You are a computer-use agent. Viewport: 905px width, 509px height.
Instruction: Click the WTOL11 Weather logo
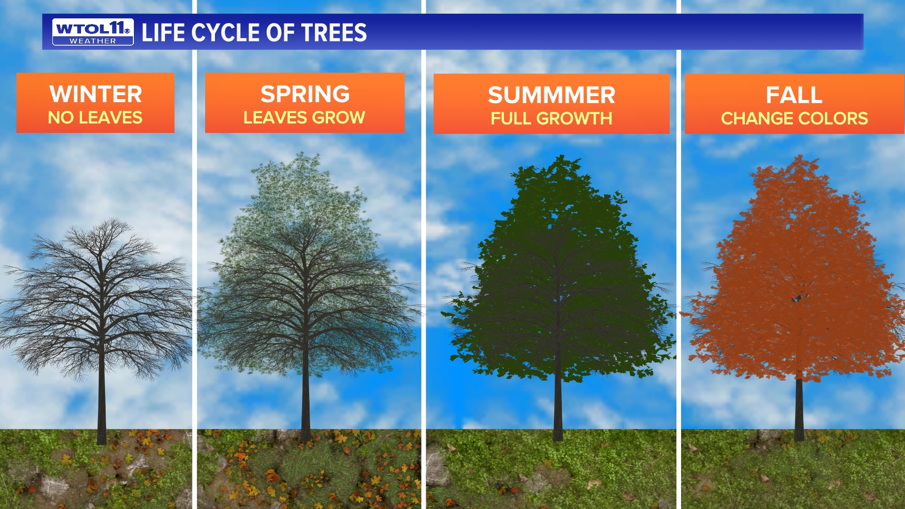[x=93, y=32]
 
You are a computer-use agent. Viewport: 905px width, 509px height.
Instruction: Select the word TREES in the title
[x=334, y=33]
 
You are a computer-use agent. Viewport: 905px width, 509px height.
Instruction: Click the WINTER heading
[x=96, y=94]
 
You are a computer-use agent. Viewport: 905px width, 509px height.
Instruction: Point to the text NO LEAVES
[x=95, y=118]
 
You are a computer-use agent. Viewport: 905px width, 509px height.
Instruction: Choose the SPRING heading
[x=305, y=94]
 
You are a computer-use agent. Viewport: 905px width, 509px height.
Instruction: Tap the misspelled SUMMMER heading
[x=551, y=95]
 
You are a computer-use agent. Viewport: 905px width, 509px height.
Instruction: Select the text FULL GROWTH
[x=551, y=119]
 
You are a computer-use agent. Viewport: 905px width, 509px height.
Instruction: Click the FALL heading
[x=794, y=95]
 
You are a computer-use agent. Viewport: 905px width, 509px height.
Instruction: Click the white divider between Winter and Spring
[x=194, y=283]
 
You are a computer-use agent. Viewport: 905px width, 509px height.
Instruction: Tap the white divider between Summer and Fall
[x=679, y=283]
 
